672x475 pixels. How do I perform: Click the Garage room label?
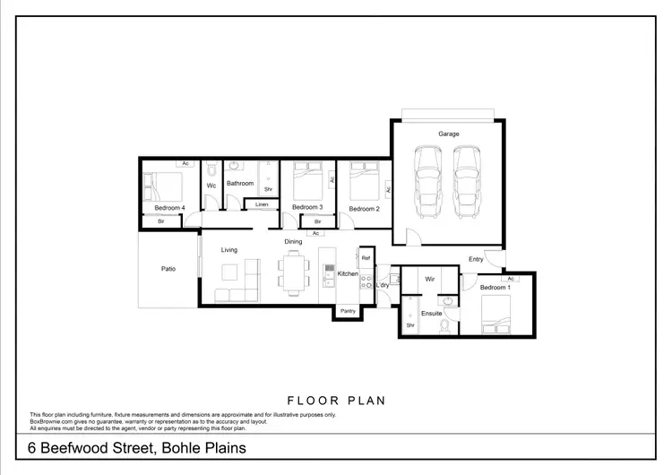[x=449, y=134]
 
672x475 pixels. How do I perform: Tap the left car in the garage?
[x=428, y=183]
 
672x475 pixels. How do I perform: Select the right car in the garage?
[x=469, y=183]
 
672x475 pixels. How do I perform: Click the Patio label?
[x=168, y=268]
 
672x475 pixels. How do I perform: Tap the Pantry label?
[x=348, y=311]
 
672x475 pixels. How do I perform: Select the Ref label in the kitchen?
[x=366, y=258]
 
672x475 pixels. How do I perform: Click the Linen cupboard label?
[x=261, y=205]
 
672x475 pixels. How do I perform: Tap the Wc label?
[x=211, y=186]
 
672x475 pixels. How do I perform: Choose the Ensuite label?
[x=431, y=314]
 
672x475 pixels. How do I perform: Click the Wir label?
[x=430, y=280]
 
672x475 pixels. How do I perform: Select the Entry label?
[x=476, y=259]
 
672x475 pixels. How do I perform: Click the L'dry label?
[x=383, y=286]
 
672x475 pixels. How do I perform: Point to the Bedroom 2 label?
[x=365, y=209]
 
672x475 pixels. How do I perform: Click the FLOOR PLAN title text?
[x=336, y=401]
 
